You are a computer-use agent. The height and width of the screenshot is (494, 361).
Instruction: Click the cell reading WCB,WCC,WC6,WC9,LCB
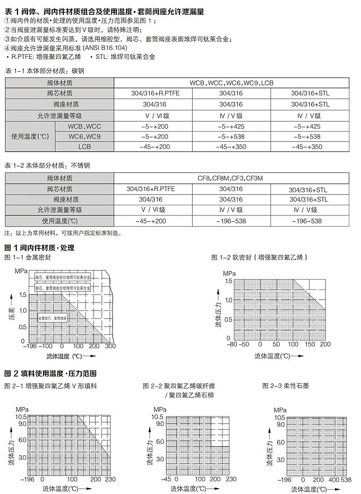231,83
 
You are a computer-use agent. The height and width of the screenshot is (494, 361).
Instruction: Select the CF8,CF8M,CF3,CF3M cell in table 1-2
231,179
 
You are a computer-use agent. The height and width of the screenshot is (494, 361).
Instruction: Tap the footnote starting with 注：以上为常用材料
63,232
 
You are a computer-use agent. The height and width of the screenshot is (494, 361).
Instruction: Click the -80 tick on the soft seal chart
231,343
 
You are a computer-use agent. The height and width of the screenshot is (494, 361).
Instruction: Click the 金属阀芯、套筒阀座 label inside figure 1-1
51,317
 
